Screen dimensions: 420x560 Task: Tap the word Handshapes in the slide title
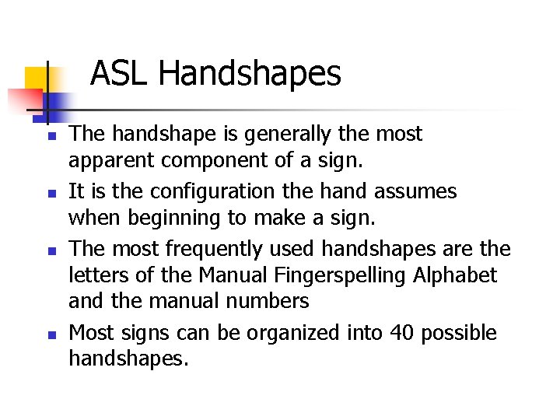[249, 75]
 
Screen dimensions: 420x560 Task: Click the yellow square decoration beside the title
[37, 79]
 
